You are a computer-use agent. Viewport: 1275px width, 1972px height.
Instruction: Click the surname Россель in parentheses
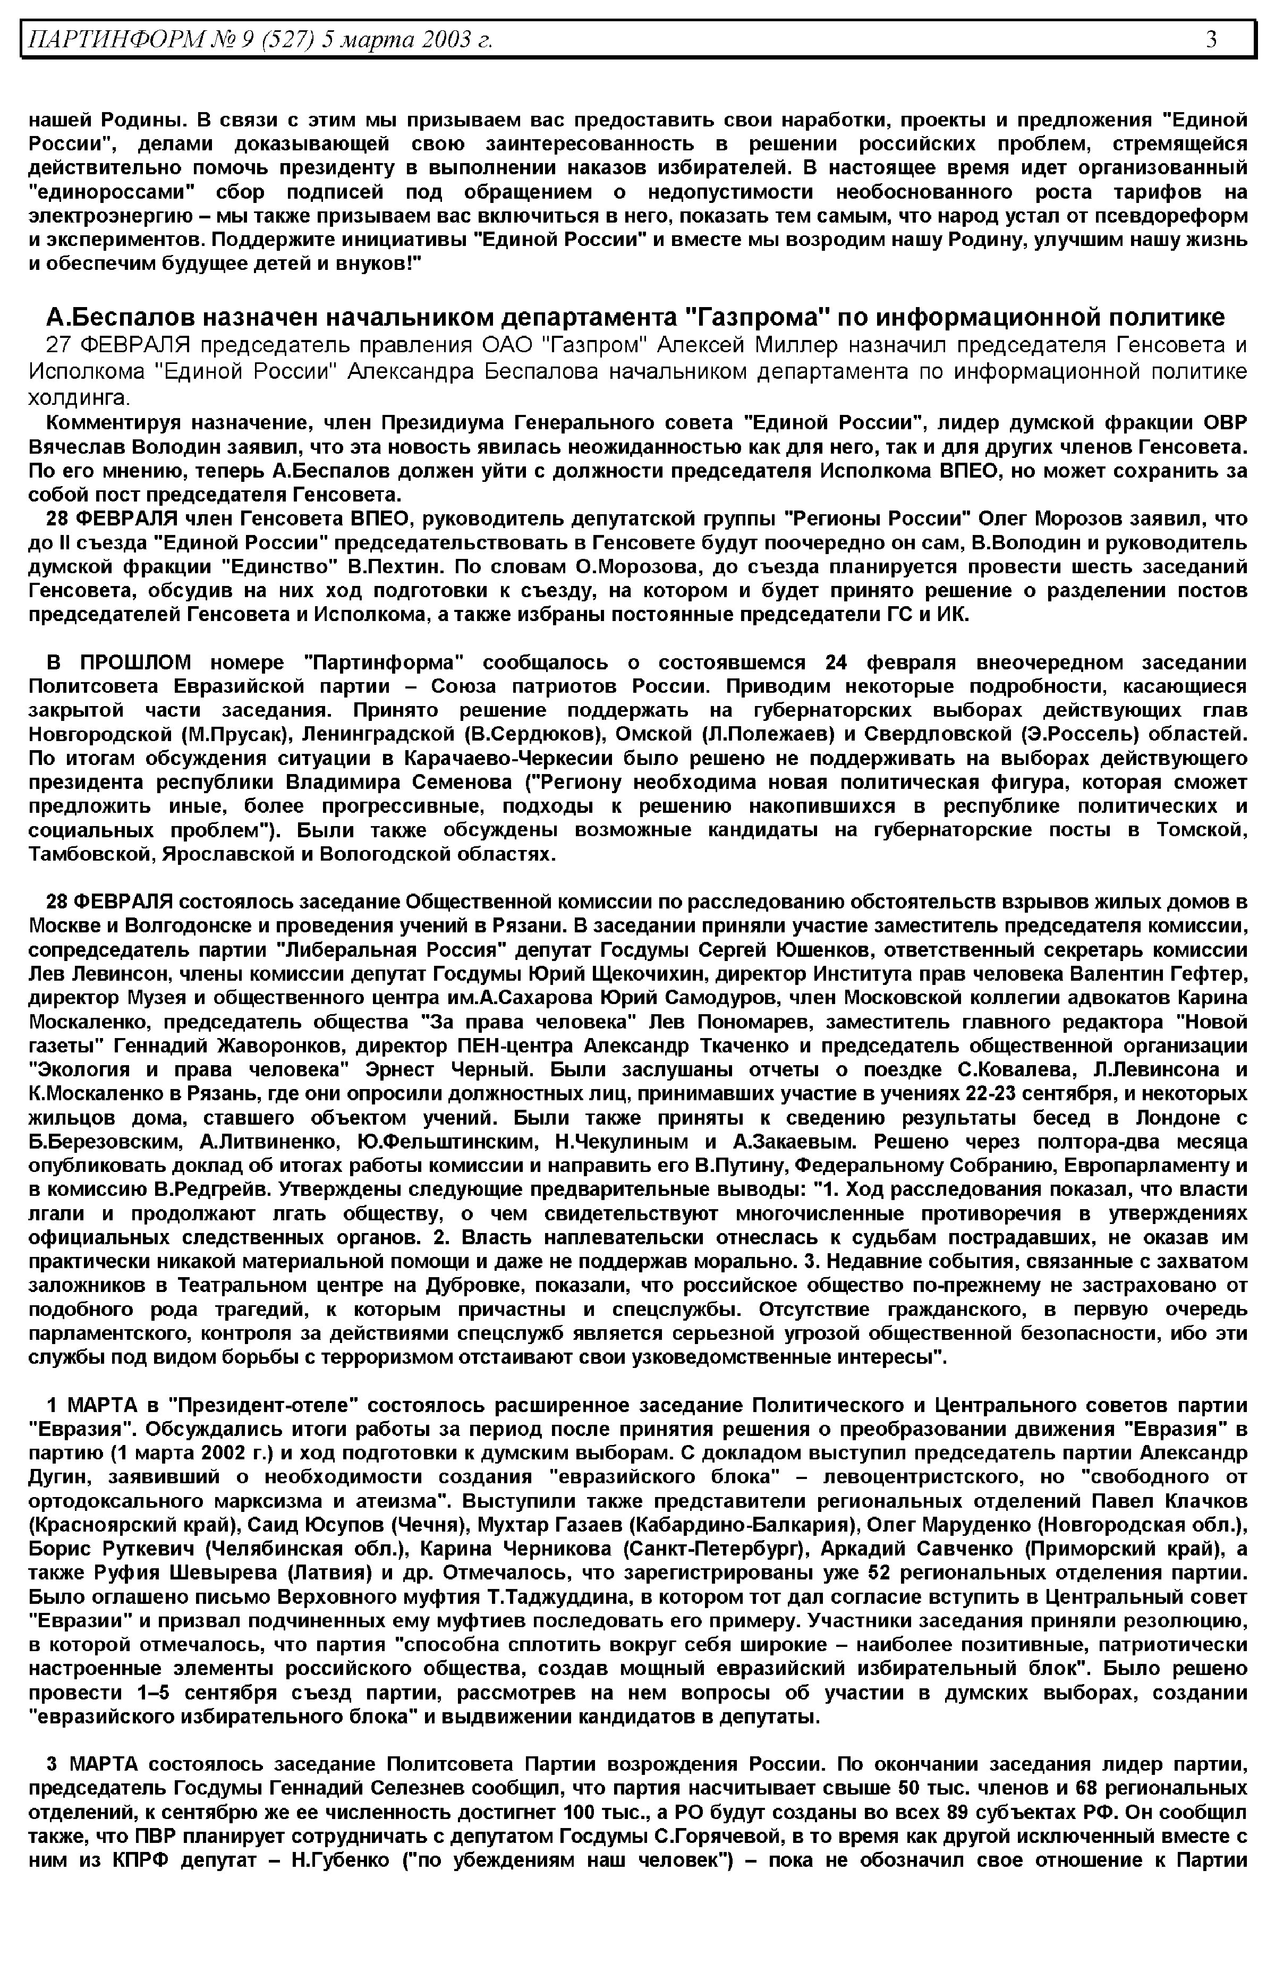tap(1067, 734)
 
